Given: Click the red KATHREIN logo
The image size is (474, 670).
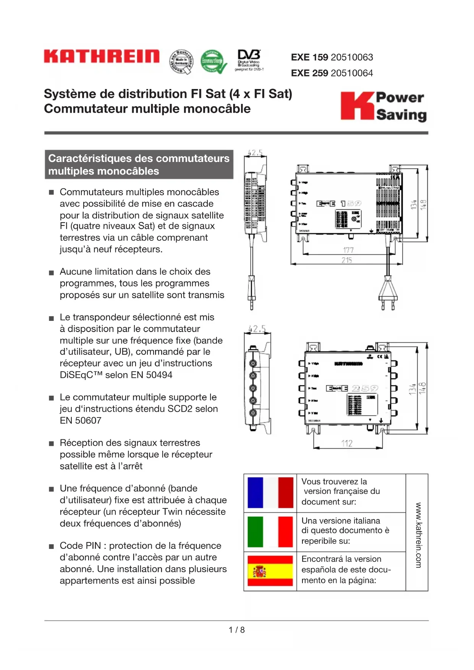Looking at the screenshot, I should click(x=102, y=56).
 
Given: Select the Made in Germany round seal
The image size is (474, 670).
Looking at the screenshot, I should click(x=181, y=61).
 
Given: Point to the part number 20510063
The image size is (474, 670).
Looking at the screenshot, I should click(x=352, y=57).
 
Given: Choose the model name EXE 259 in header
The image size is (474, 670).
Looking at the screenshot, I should click(x=309, y=73).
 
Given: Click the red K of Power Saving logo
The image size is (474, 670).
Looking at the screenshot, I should click(x=356, y=106).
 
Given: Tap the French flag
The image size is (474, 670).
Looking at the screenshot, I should click(x=270, y=493).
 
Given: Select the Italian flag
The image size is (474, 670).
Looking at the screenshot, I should click(x=270, y=532).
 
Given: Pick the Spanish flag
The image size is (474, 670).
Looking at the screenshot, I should click(x=270, y=571).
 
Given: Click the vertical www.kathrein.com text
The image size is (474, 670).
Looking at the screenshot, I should click(x=418, y=535).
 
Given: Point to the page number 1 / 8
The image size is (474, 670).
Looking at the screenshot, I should click(x=237, y=630).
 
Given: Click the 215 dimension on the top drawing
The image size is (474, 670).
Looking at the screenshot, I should click(x=347, y=260).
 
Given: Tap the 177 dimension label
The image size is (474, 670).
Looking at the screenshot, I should click(x=348, y=250).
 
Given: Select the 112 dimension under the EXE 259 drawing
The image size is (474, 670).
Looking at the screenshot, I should click(x=347, y=443).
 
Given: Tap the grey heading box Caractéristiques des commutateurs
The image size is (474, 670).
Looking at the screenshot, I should click(x=139, y=165).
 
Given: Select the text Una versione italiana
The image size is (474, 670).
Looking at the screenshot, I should click(x=341, y=521).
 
